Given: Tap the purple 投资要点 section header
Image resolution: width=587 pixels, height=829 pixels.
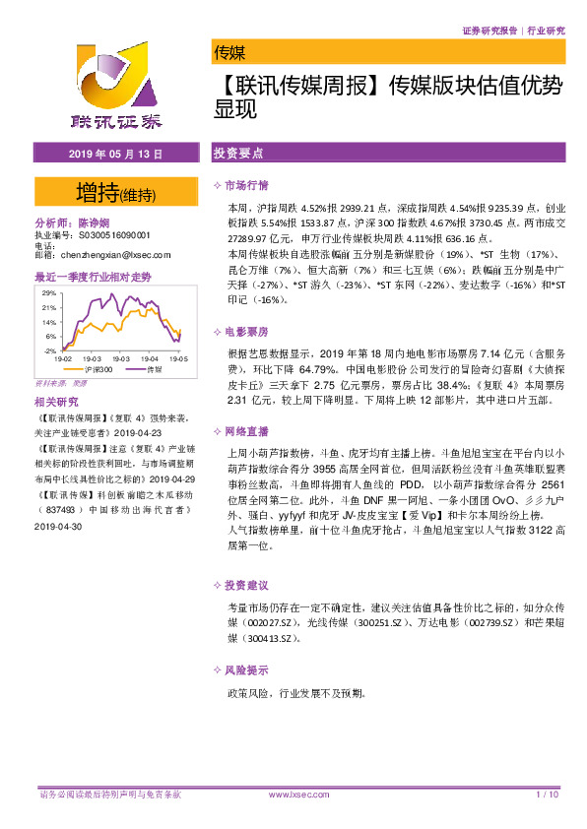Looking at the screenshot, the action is click(239, 155).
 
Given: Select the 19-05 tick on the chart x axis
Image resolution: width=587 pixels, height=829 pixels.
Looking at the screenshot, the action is click(177, 360).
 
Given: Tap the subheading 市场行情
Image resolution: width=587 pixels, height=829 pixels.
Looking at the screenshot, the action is click(246, 186).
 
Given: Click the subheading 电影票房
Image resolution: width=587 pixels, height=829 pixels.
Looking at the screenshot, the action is click(246, 332).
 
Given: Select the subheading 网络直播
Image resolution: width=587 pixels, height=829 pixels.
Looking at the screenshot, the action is click(246, 430).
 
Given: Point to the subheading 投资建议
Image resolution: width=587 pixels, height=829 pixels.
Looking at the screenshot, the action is click(246, 584).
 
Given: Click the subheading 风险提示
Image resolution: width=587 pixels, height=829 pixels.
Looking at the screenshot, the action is click(246, 670).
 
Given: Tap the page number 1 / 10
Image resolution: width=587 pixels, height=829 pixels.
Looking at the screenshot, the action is click(548, 794).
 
